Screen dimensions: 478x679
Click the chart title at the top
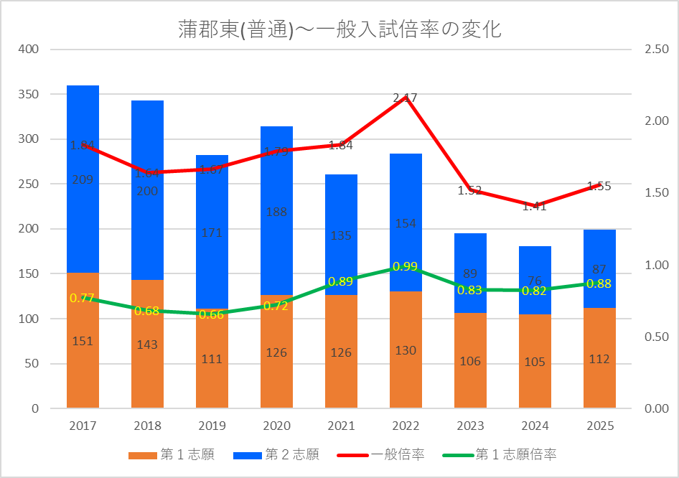[339, 29]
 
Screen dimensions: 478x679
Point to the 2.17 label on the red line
[405, 98]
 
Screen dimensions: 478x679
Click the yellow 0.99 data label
[406, 267]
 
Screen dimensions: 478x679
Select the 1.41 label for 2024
[534, 207]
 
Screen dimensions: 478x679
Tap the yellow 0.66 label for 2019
[212, 315]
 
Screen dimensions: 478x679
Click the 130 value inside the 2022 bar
[406, 351]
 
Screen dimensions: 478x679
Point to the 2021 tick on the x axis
[341, 426]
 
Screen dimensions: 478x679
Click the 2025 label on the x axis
[599, 426]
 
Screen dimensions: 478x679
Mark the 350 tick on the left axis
[29, 94]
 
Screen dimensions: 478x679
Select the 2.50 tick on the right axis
[657, 50]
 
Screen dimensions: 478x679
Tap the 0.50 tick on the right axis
[657, 337]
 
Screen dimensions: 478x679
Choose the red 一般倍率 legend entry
[398, 454]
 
